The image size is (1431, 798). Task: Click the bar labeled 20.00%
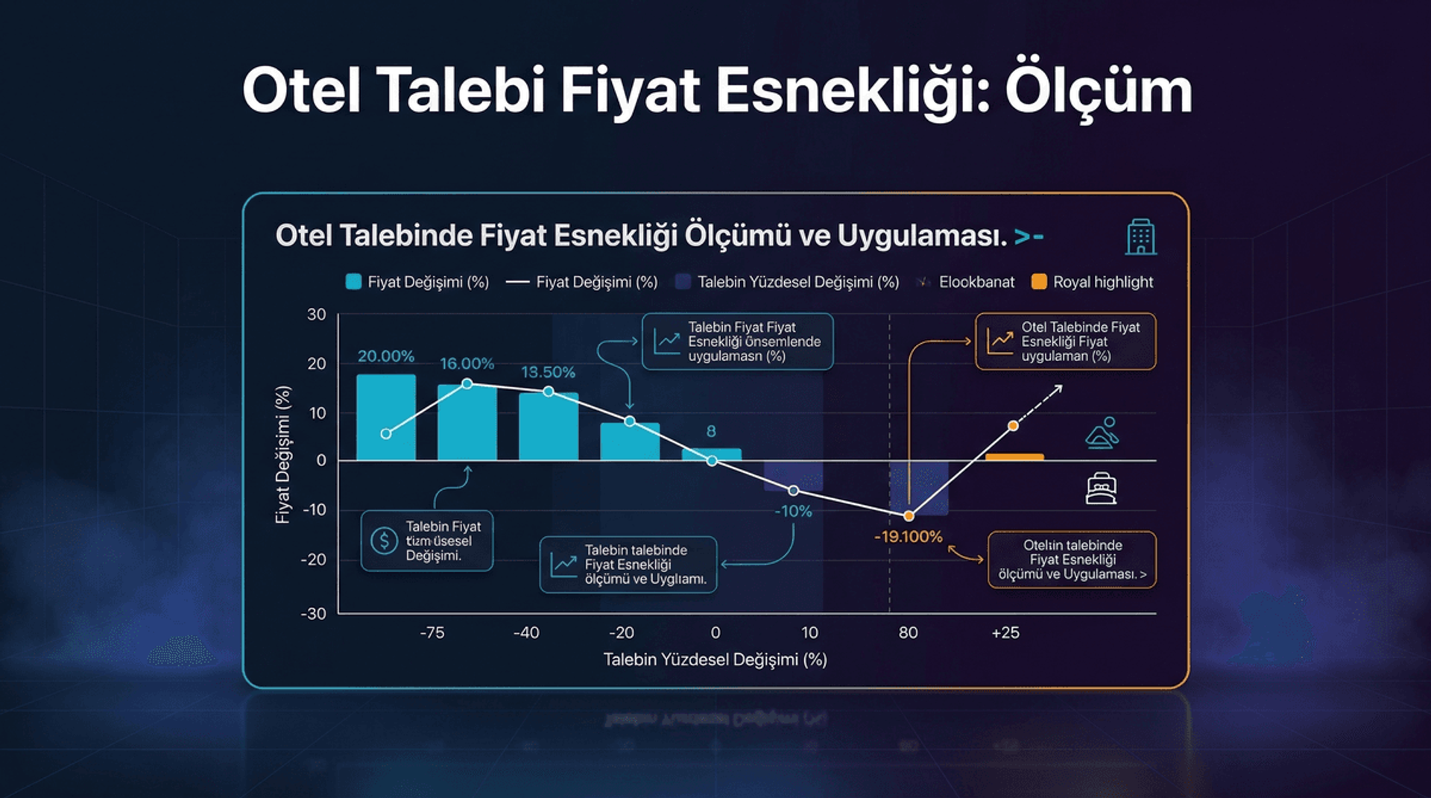pos(386,418)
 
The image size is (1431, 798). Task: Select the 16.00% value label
pos(467,364)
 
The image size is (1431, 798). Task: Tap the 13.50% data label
pos(548,372)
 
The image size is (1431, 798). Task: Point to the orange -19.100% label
pos(908,536)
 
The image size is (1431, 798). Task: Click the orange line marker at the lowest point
pos(909,516)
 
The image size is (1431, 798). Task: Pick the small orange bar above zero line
pos(1014,456)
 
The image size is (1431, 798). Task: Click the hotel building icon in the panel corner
pos(1140,237)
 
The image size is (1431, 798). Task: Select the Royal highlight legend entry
pos(1093,282)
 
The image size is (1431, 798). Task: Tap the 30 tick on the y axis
pos(317,315)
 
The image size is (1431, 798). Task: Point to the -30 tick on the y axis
pos(314,614)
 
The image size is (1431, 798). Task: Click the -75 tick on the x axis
pos(432,633)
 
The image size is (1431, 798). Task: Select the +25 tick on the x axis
pos(1005,633)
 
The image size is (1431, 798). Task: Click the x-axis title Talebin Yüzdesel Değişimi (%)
pos(715,660)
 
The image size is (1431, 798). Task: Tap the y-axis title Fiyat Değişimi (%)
pos(283,455)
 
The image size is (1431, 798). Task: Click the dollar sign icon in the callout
pos(384,540)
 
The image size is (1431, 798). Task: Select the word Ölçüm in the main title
pos(1098,92)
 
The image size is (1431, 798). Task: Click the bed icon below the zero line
pos(1101,489)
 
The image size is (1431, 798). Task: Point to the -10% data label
pos(793,512)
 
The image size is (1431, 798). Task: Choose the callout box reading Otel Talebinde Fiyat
pos(1066,342)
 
